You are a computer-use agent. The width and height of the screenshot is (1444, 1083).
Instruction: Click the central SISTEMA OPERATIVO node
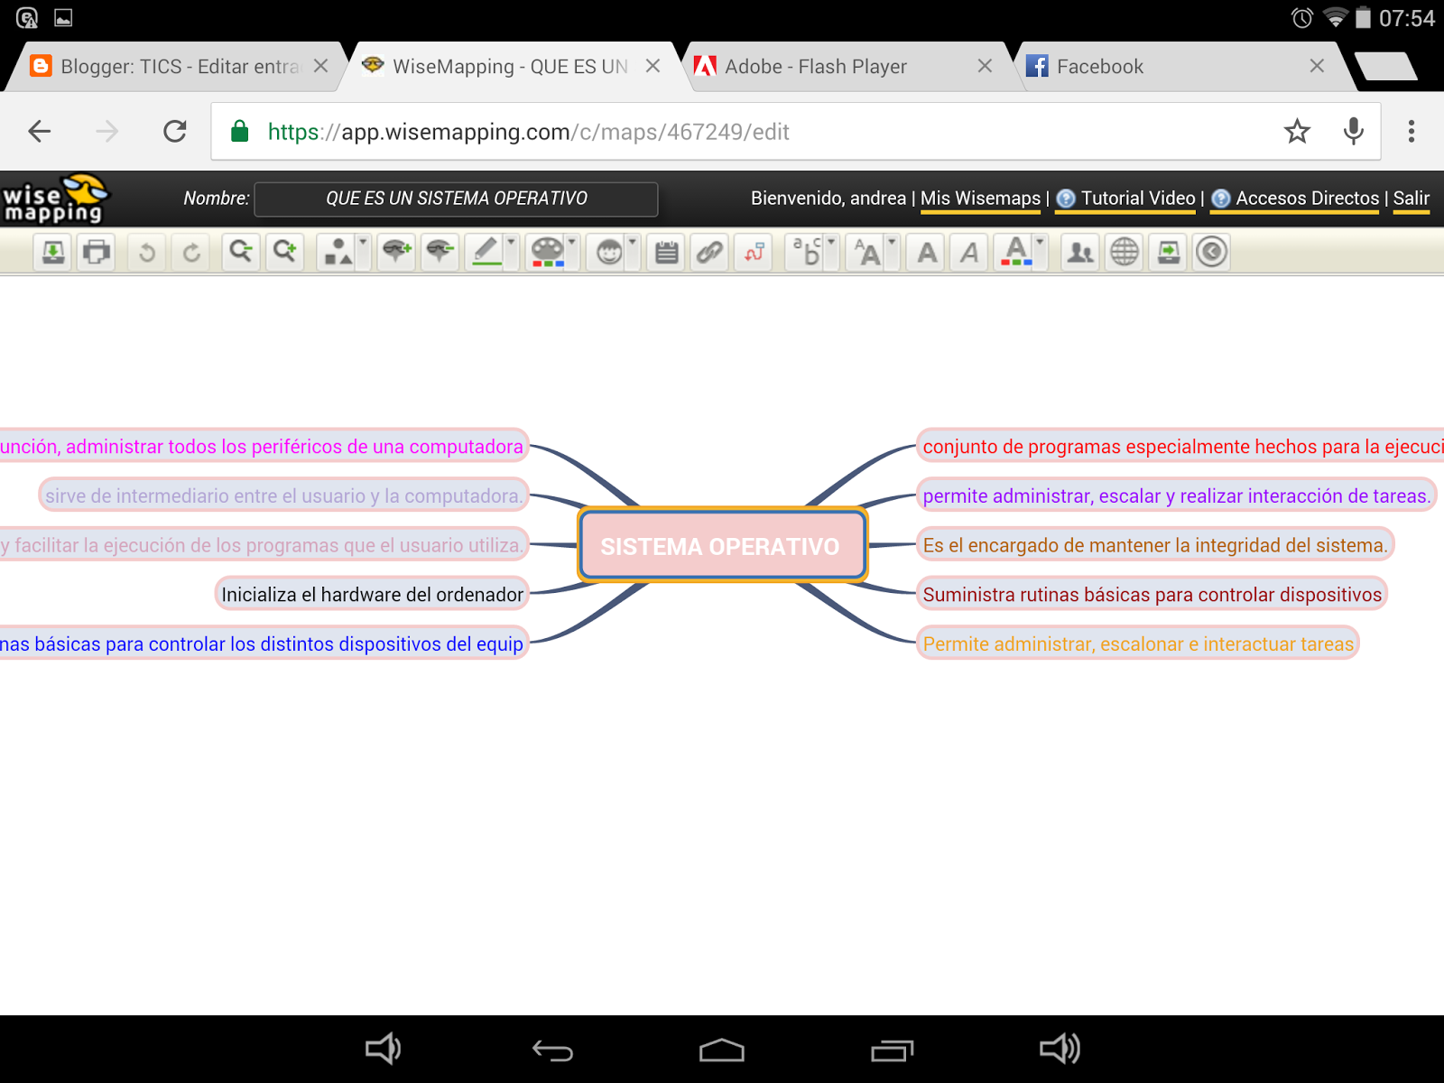tap(721, 546)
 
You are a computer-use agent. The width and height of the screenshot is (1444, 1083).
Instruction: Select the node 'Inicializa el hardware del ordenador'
tap(372, 595)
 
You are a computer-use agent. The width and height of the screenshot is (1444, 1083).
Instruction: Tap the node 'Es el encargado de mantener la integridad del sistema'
tap(1154, 545)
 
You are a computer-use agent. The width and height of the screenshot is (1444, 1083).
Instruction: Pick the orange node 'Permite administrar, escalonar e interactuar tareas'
tap(1137, 644)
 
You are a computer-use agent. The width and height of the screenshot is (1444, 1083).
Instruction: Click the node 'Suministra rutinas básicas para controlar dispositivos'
tap(1151, 595)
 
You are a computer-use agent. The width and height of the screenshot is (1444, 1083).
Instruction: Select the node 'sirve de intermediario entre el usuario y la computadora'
tap(283, 495)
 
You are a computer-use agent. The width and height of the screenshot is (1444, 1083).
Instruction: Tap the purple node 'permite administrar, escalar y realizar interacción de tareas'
tap(1175, 495)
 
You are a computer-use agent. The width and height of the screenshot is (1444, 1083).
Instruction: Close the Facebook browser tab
tap(1317, 66)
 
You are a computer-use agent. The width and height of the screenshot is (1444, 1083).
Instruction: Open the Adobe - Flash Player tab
tap(816, 67)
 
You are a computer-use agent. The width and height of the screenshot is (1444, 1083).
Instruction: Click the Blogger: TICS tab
tap(179, 67)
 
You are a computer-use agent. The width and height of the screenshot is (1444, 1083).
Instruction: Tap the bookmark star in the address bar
tap(1297, 132)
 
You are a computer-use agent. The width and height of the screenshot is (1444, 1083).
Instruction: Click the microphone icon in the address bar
tap(1353, 132)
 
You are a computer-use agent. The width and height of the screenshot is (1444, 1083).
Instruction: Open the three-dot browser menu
tap(1412, 132)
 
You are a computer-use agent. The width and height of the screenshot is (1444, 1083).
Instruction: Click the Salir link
tap(1411, 199)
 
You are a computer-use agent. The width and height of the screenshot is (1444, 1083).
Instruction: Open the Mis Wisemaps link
tap(980, 199)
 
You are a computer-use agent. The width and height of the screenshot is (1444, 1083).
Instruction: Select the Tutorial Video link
tap(1137, 199)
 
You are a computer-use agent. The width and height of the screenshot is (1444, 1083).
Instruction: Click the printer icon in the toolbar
tap(97, 252)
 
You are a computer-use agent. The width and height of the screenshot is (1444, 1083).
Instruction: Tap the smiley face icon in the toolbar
tap(609, 253)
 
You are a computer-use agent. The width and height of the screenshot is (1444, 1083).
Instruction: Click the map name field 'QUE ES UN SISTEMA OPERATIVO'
tap(456, 199)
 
